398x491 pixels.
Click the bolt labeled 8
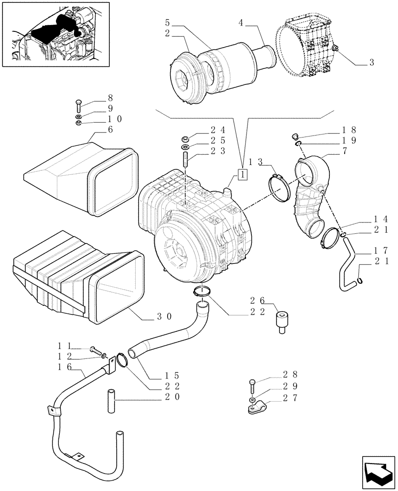click(x=78, y=104)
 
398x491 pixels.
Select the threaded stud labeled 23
click(x=186, y=160)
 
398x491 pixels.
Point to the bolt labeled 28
click(x=252, y=385)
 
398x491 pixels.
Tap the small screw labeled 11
click(x=96, y=350)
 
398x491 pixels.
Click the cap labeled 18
click(x=295, y=136)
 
